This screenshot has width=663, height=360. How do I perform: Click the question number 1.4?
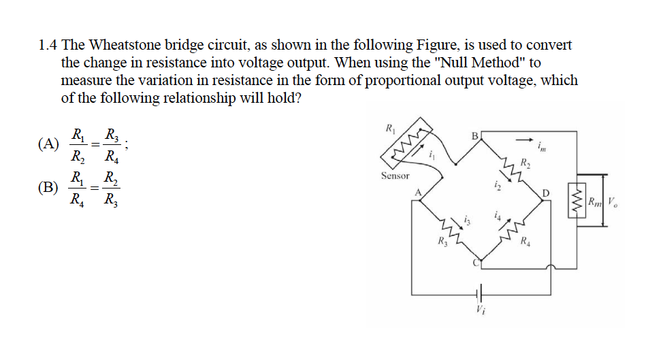48,46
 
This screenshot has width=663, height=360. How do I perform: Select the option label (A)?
48,144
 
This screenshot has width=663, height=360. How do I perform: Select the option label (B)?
48,188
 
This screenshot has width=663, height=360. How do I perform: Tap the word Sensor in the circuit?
395,176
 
